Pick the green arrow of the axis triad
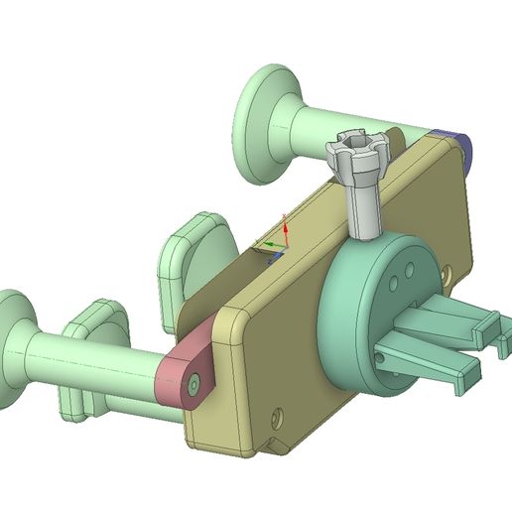266,245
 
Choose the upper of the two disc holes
409,266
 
